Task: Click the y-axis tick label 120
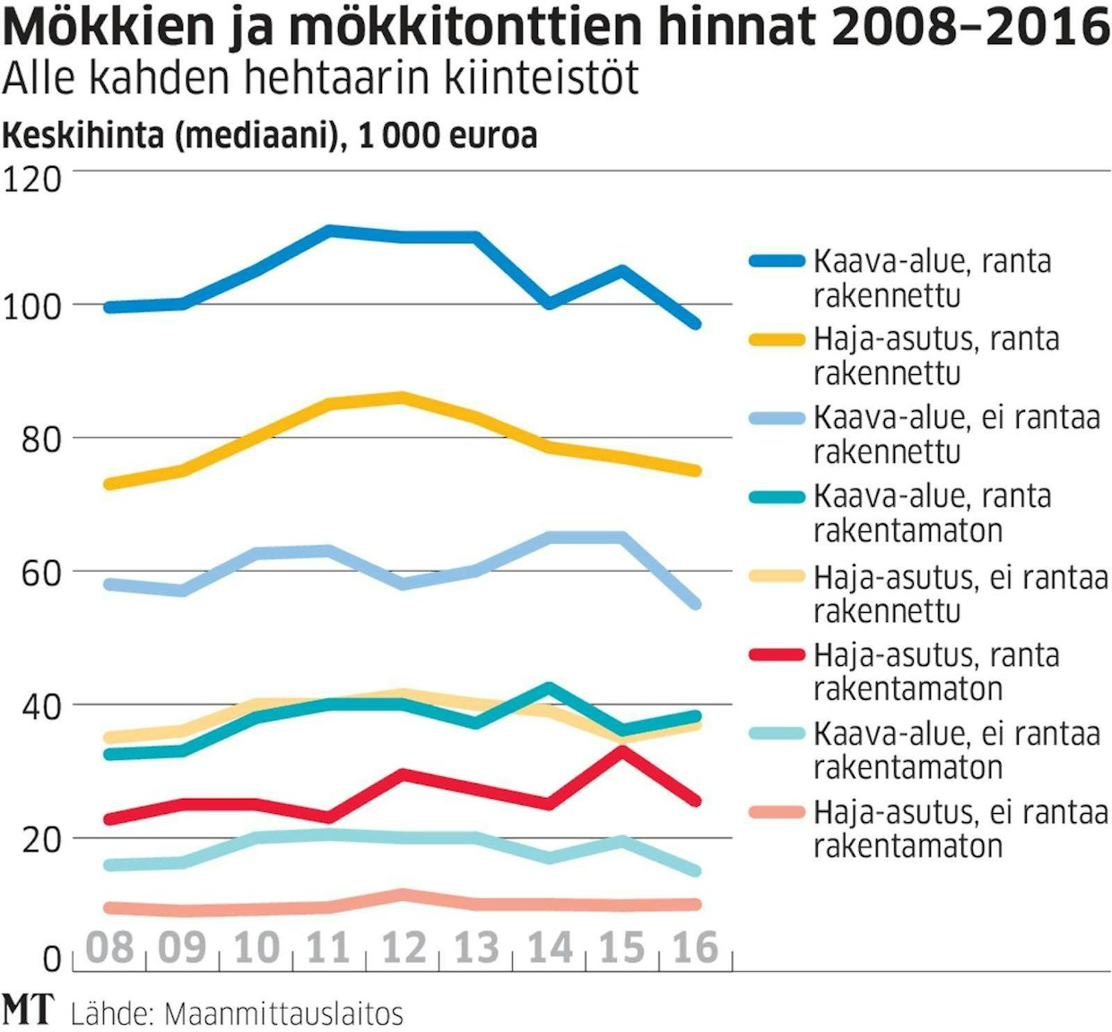coord(32,179)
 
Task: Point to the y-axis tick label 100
coord(32,306)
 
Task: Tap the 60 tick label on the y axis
coord(41,573)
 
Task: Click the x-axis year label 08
coord(109,948)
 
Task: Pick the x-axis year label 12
coord(404,948)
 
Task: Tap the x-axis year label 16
coord(696,948)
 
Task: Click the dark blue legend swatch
coord(777,261)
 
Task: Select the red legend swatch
coord(777,655)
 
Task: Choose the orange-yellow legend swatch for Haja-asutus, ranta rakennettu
coord(777,339)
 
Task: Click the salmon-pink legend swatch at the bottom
coord(777,813)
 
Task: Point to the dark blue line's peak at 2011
coord(330,231)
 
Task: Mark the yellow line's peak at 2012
coord(403,397)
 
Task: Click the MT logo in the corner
coord(27,1010)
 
